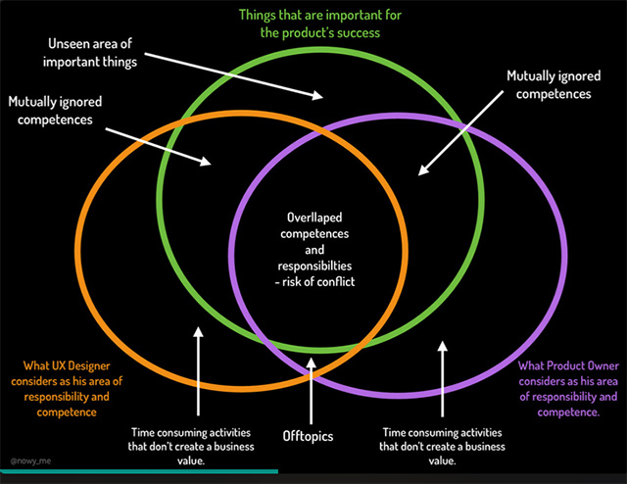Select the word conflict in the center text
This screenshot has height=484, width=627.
pos(337,283)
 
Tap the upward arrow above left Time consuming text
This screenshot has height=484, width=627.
pos(197,363)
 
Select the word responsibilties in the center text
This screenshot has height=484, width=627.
pos(314,266)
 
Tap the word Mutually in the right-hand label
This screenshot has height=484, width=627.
pos(532,75)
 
